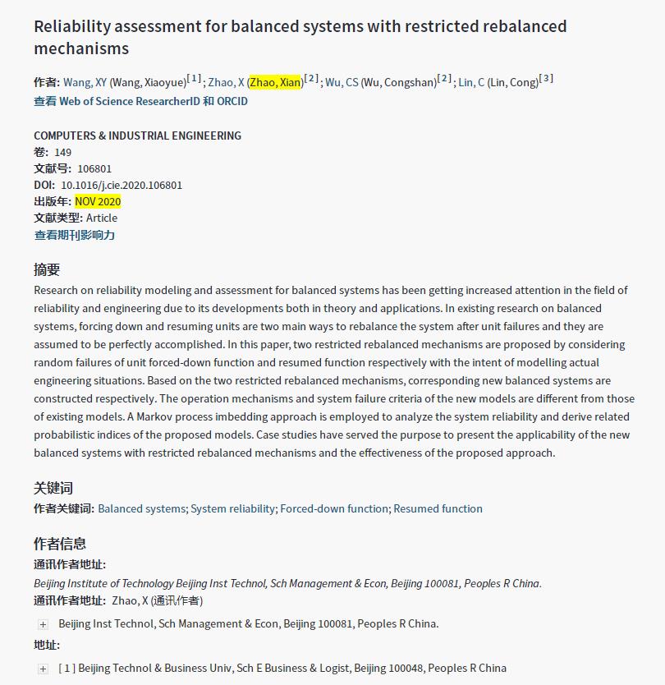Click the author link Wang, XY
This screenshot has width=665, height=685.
click(x=85, y=82)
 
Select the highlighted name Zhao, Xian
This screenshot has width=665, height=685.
click(x=275, y=82)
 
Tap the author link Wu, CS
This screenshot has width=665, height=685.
click(x=342, y=82)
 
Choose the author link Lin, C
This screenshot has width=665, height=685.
click(x=471, y=82)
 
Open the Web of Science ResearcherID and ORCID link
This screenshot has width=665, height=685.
click(x=140, y=101)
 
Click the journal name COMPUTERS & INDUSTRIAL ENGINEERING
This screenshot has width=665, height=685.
click(x=137, y=136)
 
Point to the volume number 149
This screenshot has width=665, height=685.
click(x=63, y=152)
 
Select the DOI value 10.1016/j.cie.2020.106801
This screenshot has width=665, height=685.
click(x=122, y=185)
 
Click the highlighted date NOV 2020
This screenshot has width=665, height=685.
click(x=98, y=201)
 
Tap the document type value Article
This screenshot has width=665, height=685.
click(x=102, y=218)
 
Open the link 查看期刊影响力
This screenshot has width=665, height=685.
click(x=75, y=235)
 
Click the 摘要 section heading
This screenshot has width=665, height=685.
click(x=47, y=269)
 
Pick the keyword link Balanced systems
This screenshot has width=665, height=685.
click(x=141, y=508)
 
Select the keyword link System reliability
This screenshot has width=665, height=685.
click(x=232, y=508)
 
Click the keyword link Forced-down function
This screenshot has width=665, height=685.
click(x=334, y=508)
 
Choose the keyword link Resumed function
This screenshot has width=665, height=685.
click(x=438, y=508)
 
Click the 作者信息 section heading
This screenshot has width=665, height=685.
click(x=60, y=543)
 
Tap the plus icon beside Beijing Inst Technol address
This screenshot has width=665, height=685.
click(x=44, y=624)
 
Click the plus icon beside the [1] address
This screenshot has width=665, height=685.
click(x=44, y=669)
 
